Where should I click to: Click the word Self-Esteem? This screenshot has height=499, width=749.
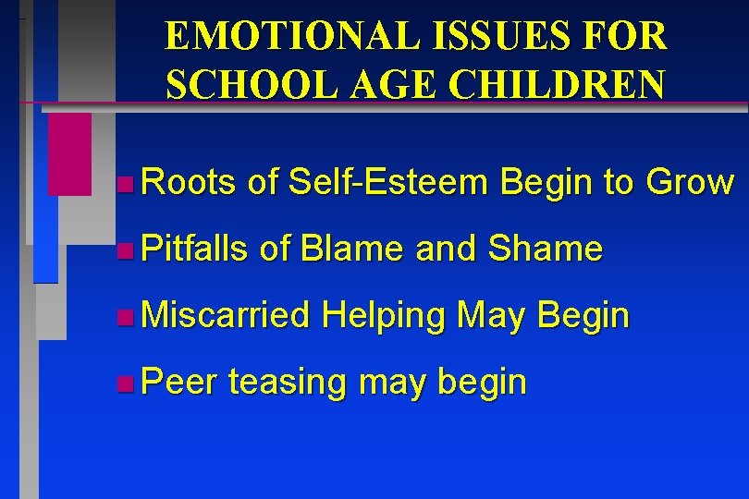387,183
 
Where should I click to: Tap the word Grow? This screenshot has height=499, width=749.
689,183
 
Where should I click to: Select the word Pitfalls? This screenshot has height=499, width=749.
196,249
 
